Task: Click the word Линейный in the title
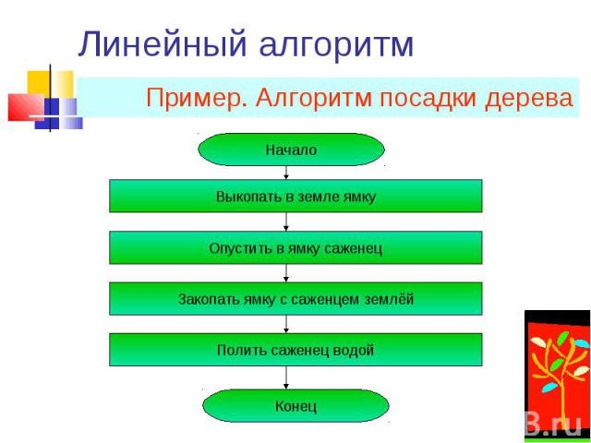click(x=163, y=45)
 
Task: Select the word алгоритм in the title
click(x=336, y=45)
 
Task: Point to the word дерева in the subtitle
click(x=529, y=99)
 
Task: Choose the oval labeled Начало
click(x=292, y=150)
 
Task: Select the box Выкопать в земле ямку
click(x=295, y=196)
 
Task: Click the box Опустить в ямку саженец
click(x=295, y=247)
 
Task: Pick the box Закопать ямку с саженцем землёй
click(x=295, y=299)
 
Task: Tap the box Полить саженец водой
click(x=295, y=350)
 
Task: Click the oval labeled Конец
click(x=295, y=406)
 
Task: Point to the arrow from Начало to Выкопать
click(x=286, y=173)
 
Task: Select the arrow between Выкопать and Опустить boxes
click(x=286, y=221)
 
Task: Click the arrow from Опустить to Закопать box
click(x=286, y=273)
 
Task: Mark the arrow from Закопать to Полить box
click(x=286, y=324)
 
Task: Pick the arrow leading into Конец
click(x=286, y=377)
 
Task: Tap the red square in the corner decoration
click(x=26, y=107)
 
